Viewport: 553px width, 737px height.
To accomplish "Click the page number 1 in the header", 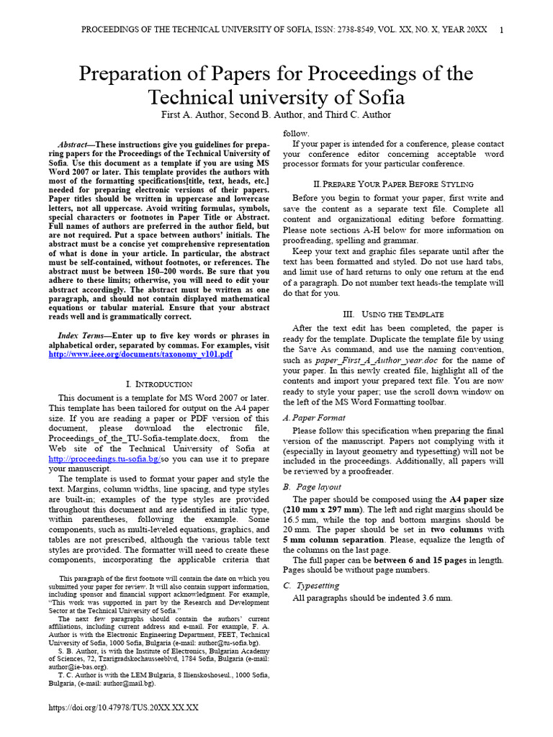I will click(501, 30).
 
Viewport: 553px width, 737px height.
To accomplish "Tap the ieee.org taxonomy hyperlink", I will click(140, 354).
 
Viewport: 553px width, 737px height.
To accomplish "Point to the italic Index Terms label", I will click(81, 335).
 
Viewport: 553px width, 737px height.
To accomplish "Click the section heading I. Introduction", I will click(159, 384).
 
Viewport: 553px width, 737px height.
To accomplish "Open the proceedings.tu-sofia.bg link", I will click(104, 458).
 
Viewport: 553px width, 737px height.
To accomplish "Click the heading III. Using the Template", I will click(393, 315).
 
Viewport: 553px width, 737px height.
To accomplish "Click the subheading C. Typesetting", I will click(311, 585).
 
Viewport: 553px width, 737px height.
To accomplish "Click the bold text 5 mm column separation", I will click(333, 540).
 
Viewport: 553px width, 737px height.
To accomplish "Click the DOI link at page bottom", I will click(123, 708).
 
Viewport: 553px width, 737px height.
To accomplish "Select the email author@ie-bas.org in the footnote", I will click(78, 666).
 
